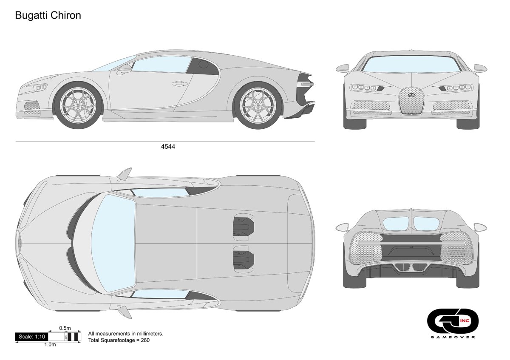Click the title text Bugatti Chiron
point(48,15)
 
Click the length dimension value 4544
point(168,147)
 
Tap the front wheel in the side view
point(80,105)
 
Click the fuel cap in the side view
point(204,64)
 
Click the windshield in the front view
point(411,64)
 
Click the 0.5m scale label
point(65,328)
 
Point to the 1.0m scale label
point(50,345)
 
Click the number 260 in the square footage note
point(145,340)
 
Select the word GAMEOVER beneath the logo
point(453,337)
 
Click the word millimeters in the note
point(146,334)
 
